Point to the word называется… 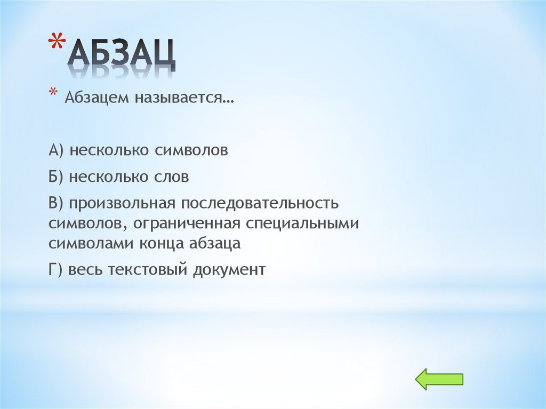click(186, 98)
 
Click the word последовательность click(261, 204)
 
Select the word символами click(91, 244)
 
